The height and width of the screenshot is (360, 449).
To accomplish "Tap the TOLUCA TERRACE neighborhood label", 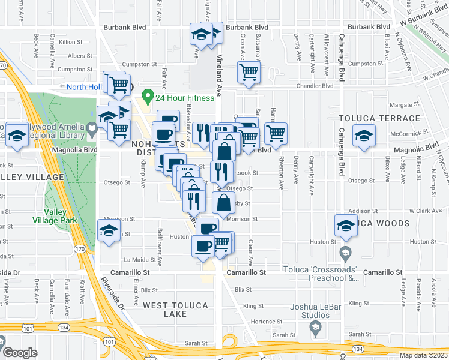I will click(x=379, y=118).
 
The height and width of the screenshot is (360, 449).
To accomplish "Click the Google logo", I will click(x=20, y=353).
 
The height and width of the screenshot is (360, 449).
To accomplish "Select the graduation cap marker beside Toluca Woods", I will click(x=346, y=226).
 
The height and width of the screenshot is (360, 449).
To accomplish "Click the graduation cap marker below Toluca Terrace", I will click(x=364, y=136).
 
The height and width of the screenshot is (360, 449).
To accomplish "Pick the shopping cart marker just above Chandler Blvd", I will click(x=248, y=73).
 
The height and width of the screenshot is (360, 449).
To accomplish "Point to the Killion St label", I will click(x=70, y=41).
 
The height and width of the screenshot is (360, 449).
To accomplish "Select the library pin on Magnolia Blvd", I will click(x=91, y=127).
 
